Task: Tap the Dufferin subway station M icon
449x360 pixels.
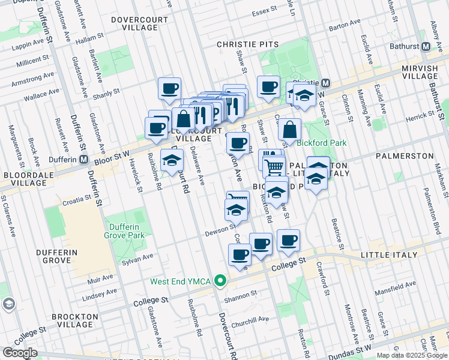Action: click(x=84, y=160)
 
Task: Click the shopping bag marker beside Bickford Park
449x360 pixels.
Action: click(x=289, y=129)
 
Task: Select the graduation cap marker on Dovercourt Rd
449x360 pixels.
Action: click(x=172, y=161)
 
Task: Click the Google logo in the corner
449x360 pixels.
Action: click(x=20, y=353)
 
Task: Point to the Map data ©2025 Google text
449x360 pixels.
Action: click(x=412, y=355)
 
